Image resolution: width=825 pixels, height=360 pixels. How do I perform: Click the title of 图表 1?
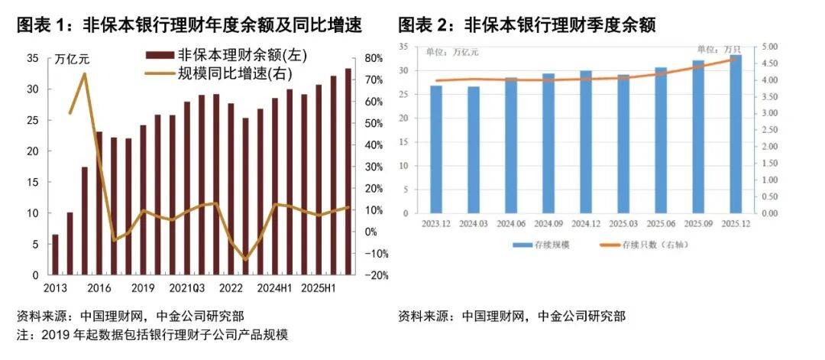189,25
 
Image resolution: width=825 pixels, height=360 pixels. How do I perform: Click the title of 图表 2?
526,25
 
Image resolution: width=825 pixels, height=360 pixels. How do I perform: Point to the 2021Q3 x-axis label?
188,288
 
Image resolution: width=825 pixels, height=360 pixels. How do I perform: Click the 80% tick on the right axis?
374,58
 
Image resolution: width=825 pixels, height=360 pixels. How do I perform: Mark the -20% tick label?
375,275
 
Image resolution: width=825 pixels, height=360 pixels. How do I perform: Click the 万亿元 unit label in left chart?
74,59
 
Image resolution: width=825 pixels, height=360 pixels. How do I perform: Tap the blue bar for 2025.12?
736,134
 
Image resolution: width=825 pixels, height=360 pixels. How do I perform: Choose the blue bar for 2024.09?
548,143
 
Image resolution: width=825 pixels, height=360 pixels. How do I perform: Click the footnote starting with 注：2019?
152,335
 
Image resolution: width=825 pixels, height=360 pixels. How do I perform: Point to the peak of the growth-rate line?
84,74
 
